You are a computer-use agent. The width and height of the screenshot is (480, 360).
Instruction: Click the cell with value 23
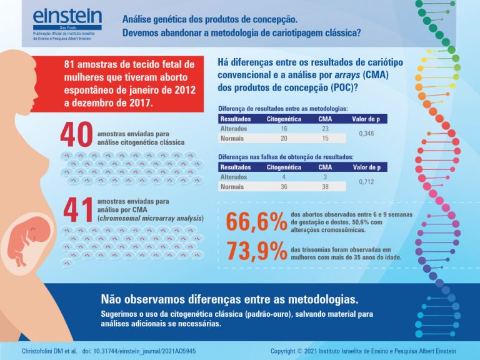(325, 128)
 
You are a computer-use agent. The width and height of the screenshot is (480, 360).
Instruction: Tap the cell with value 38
(325, 186)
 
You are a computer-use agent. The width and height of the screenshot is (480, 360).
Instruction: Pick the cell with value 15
(325, 138)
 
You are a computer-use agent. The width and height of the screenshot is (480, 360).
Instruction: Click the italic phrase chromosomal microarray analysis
(151, 218)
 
